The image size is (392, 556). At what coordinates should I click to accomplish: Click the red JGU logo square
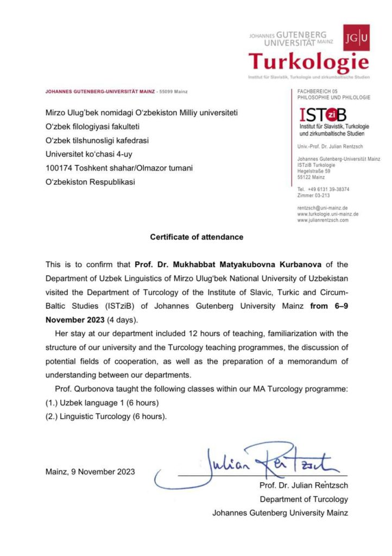tap(356, 37)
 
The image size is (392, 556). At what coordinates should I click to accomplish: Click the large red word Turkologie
tap(308, 62)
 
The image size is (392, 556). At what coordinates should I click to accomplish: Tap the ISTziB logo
tap(323, 115)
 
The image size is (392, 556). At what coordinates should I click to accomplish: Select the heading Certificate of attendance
tap(197, 237)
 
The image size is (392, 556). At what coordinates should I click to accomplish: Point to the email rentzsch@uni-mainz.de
tap(323, 208)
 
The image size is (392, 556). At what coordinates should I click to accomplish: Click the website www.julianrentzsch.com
tap(323, 220)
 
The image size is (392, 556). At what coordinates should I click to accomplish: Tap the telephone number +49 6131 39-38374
tap(328, 189)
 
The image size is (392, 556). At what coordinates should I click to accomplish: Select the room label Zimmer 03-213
tap(314, 195)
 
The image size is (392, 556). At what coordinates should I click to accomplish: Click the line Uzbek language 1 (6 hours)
tap(102, 403)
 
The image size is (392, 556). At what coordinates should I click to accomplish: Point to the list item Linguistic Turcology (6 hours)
tap(106, 416)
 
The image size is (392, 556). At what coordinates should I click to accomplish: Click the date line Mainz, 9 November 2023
tap(91, 471)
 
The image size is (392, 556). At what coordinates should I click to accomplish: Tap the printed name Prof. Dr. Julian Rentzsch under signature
tap(304, 485)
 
